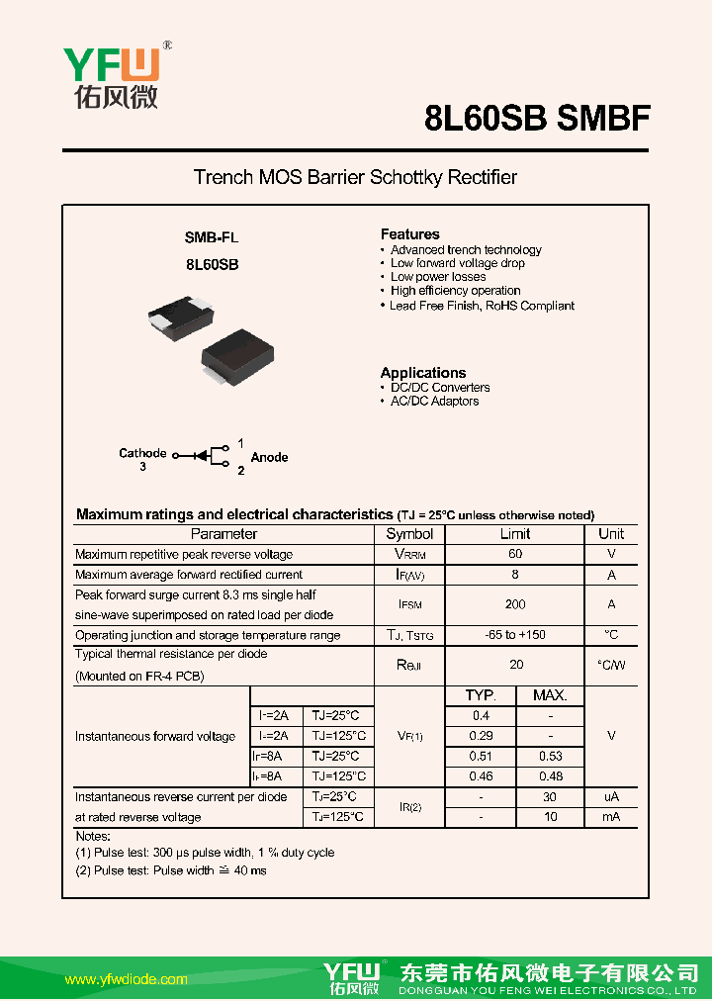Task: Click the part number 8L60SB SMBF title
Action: [537, 118]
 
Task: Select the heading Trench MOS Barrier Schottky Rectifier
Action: [355, 178]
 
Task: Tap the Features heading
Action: [409, 234]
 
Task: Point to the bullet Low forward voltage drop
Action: [457, 263]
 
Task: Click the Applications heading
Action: [422, 373]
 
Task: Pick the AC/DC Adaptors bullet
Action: [434, 401]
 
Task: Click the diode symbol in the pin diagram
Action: [201, 456]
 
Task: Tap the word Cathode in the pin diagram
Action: [142, 453]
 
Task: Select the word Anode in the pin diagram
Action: [269, 457]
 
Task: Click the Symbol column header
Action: [409, 534]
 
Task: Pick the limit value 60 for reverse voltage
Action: [515, 555]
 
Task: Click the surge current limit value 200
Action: [515, 604]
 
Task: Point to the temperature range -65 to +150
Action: [515, 635]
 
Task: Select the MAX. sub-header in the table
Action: [550, 695]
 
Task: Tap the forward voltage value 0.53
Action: [550, 757]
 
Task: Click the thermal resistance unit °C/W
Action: [611, 665]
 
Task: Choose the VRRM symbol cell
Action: [409, 555]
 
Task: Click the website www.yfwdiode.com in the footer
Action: [126, 979]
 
